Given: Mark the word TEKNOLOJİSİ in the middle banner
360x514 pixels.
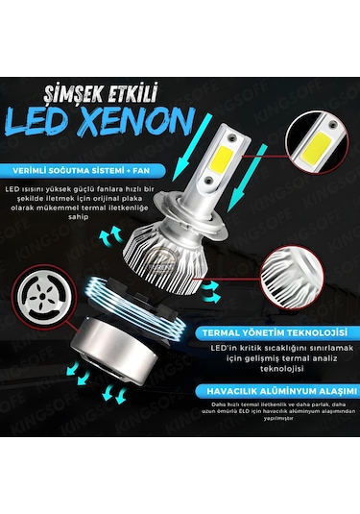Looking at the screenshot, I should pyautogui.click(x=303, y=331).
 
